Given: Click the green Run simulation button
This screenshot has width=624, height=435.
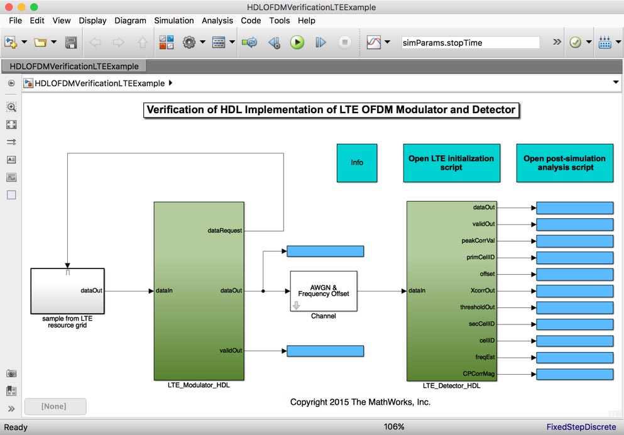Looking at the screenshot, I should [297, 42].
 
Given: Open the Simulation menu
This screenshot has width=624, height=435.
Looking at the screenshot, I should [174, 20].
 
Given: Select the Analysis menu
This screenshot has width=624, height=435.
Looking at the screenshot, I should [217, 20].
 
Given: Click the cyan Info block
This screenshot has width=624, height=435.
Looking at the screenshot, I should [357, 163].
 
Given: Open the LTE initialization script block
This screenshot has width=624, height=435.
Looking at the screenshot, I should [451, 163].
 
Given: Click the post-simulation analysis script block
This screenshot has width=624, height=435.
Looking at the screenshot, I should [564, 163].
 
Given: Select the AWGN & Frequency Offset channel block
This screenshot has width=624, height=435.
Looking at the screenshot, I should [323, 290].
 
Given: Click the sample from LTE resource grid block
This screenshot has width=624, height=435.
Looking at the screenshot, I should [67, 290].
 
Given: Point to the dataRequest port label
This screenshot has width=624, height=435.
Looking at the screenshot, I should [224, 231].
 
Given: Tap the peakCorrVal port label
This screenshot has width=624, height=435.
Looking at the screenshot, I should [478, 241].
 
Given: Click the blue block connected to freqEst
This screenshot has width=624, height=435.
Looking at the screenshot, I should [574, 357].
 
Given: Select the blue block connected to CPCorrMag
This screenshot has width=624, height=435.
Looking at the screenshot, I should [574, 374].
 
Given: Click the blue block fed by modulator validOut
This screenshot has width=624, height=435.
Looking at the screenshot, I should [325, 351].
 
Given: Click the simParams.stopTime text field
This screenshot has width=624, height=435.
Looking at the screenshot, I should [470, 43].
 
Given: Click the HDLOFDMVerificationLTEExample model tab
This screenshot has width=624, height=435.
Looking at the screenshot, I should [74, 66].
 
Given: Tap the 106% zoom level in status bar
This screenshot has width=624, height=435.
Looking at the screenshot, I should [394, 427].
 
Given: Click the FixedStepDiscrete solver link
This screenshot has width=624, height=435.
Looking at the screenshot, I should [581, 427].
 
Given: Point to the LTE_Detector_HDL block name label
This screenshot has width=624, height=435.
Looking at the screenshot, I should [451, 385].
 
